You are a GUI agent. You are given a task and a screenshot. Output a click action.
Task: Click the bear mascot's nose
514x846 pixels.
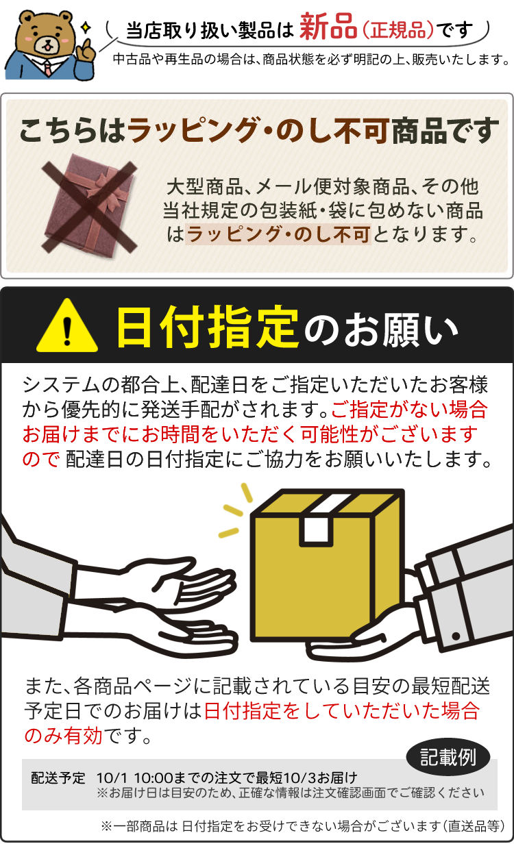point(47,40)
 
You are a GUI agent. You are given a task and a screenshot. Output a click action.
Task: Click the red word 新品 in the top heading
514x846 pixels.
point(328,26)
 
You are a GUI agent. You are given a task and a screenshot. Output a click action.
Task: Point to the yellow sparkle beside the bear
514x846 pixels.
point(86,27)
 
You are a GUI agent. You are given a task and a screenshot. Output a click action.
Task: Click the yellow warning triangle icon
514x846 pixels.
point(67,326)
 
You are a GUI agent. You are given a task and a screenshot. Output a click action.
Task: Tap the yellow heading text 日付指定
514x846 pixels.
point(208,327)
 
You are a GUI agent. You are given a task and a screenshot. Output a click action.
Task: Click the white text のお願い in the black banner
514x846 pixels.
point(380,329)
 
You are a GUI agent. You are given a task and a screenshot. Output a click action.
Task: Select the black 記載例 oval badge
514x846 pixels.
point(448,756)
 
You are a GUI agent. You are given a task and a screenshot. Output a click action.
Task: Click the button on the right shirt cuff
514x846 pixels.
point(456,636)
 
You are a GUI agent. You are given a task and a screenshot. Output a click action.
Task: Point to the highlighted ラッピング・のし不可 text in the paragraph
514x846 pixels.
point(278,234)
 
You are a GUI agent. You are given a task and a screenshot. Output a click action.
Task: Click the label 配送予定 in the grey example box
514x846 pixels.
point(58,778)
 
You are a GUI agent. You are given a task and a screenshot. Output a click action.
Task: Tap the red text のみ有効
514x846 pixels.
point(63,736)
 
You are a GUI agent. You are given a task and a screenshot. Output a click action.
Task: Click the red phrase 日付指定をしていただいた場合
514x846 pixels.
point(342,710)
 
